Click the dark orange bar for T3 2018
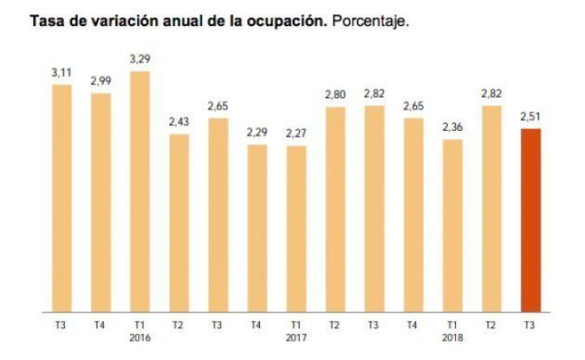pos(531,219)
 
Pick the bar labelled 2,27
pos(296,228)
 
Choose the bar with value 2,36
pos(453,225)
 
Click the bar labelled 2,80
pos(335,209)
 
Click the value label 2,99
pos(101,81)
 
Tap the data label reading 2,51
pos(531,116)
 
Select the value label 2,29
pos(257,132)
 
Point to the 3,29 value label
pos(140,59)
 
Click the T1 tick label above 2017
pos(296,325)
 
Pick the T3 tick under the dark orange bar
pos(531,325)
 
